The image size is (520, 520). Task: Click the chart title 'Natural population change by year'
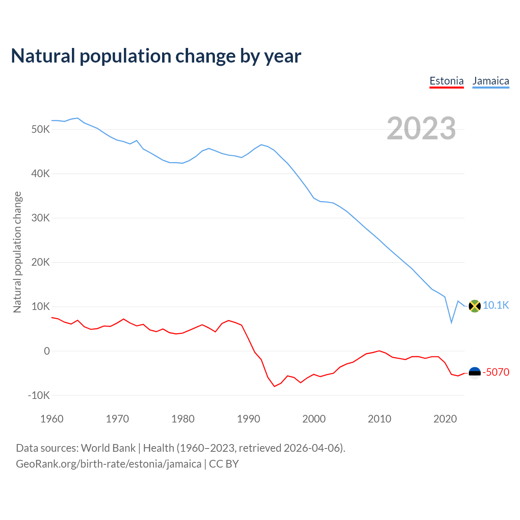[x=156, y=56]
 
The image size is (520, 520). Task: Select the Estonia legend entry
[x=446, y=81]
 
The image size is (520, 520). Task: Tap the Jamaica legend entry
[x=491, y=81]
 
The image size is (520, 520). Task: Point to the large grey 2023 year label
[x=421, y=128]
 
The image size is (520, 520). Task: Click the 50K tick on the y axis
[x=40, y=130]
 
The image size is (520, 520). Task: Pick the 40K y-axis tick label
[x=40, y=174]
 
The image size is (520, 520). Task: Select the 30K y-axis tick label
[x=40, y=218]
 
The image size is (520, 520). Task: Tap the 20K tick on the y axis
[x=40, y=262]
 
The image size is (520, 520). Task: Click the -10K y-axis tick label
[x=39, y=395]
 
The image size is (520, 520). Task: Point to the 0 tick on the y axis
[x=47, y=351]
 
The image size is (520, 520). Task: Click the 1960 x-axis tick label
[x=52, y=419]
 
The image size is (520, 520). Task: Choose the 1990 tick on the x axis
[x=249, y=419]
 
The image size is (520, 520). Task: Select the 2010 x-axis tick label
[x=379, y=419]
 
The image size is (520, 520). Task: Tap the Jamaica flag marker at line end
[x=474, y=306]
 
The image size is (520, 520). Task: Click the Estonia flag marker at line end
[x=474, y=373]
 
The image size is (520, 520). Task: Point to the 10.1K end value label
[x=496, y=305]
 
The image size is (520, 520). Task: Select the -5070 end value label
[x=496, y=372]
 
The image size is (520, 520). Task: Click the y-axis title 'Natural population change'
[x=17, y=252]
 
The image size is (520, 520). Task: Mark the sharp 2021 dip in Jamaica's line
[x=451, y=323]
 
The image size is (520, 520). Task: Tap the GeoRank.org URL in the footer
[x=108, y=464]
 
